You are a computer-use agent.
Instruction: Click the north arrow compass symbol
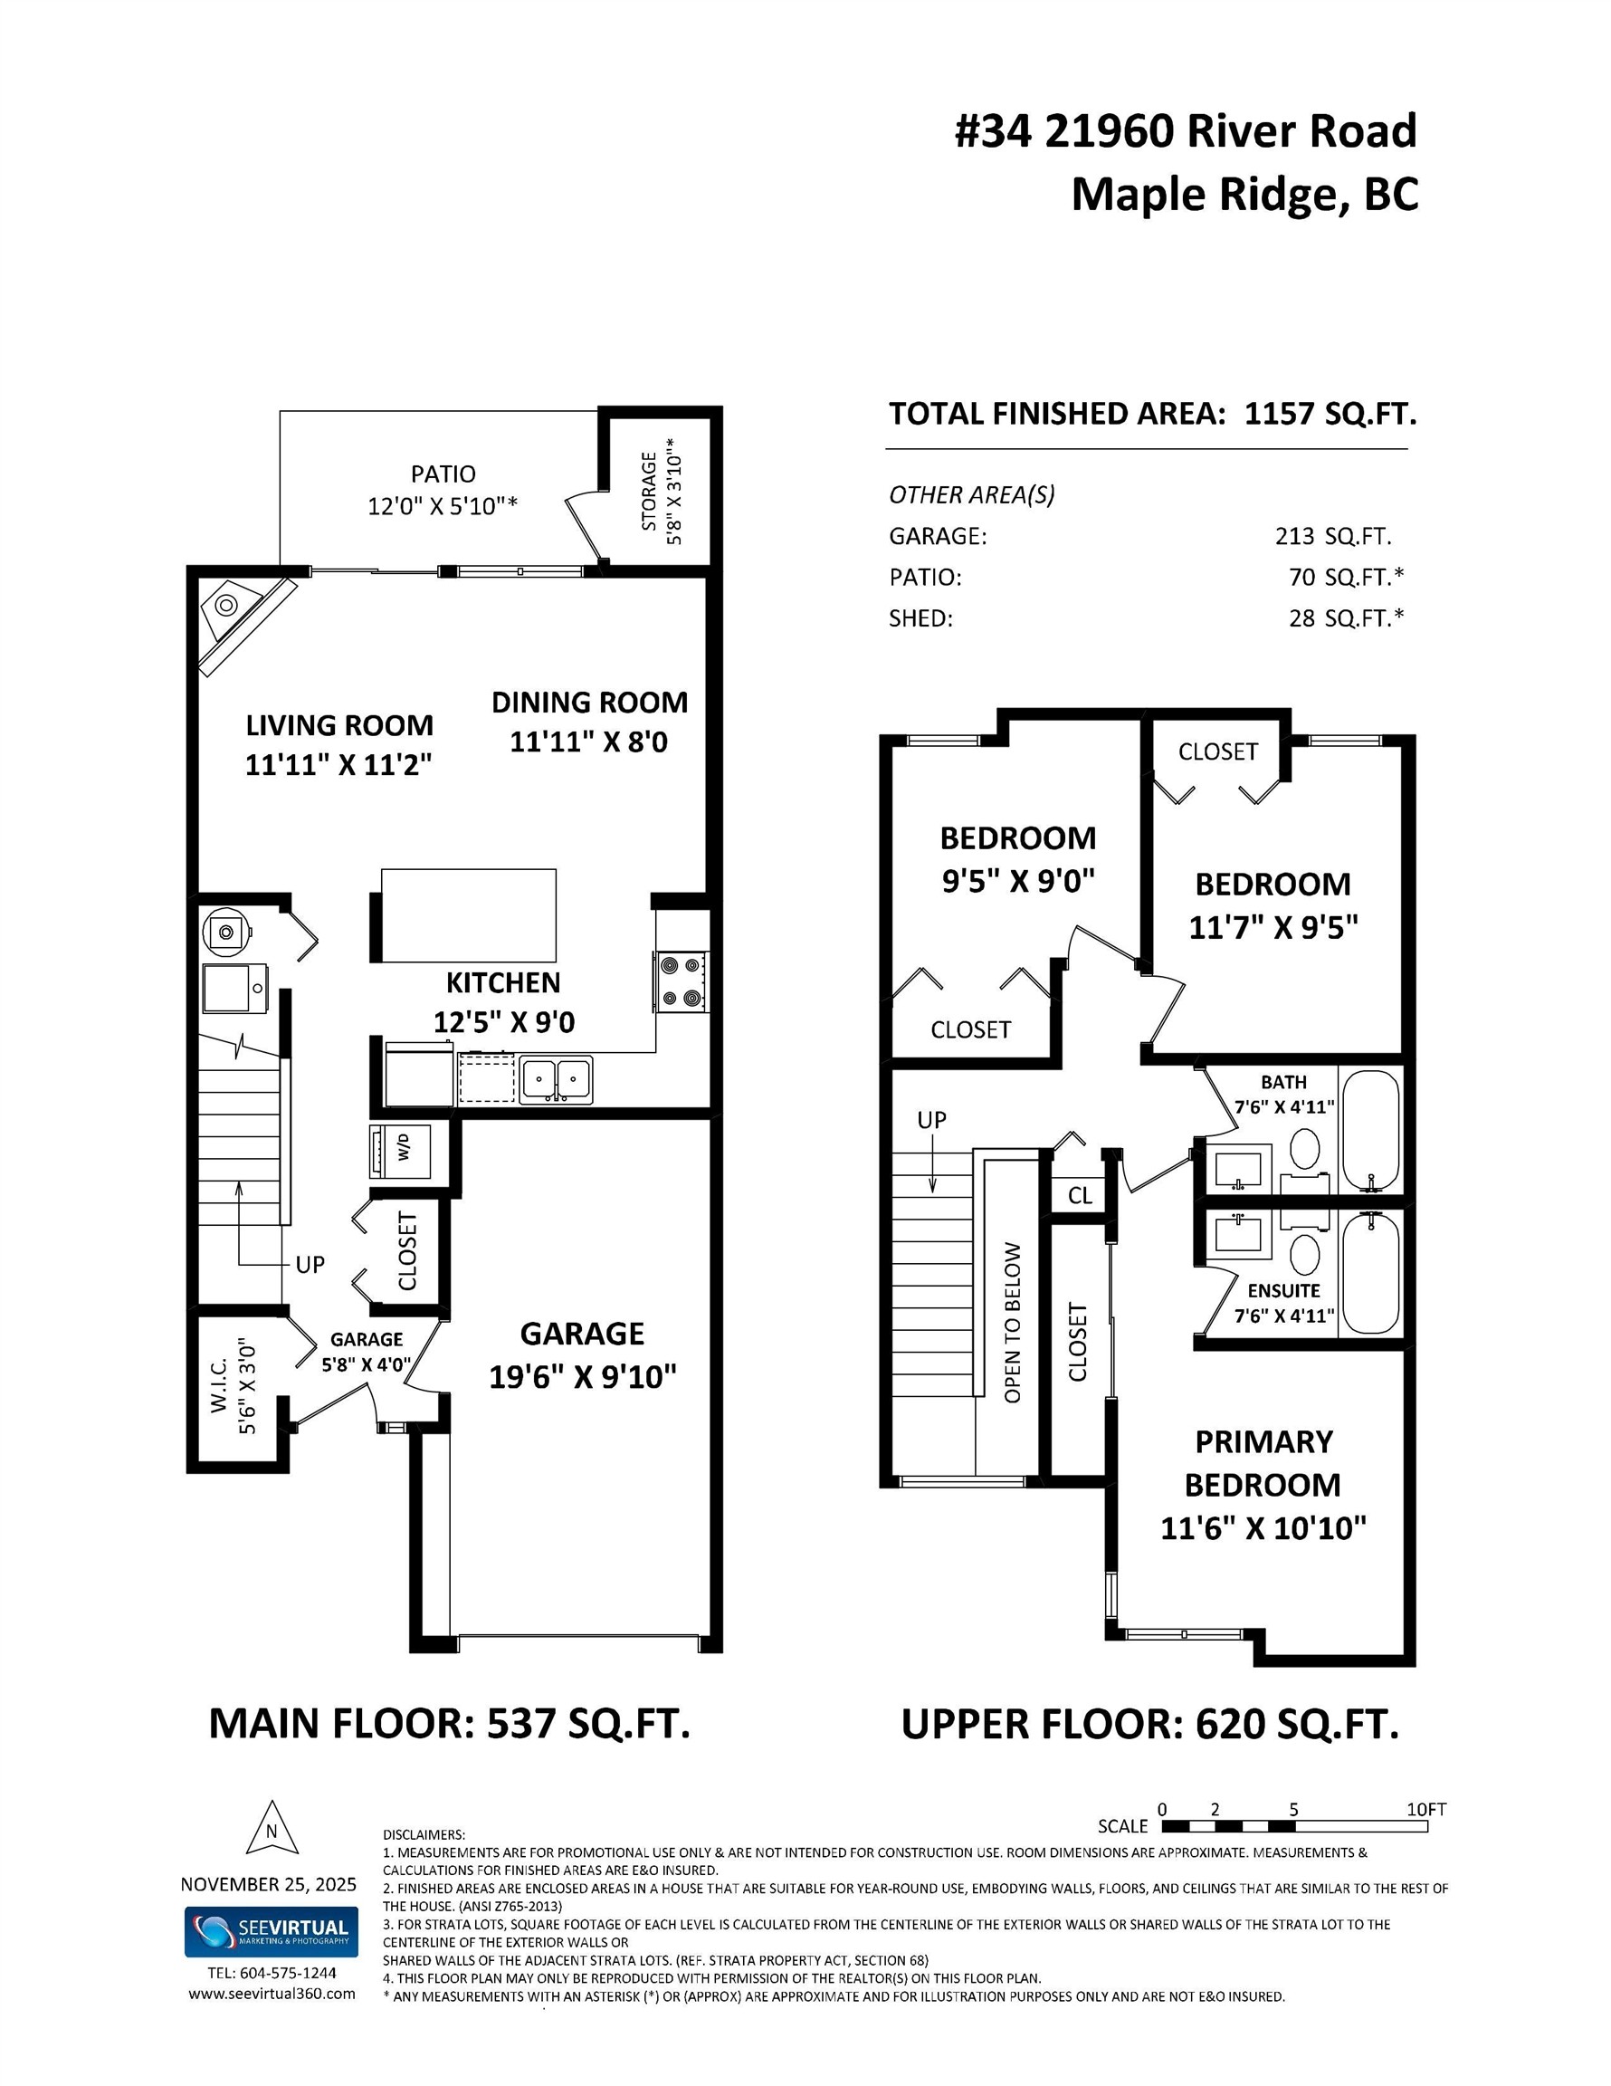coord(272,1830)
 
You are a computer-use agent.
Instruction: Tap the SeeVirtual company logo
coord(272,1931)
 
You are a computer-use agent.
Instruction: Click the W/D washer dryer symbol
coord(400,1151)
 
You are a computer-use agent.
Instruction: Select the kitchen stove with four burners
coord(681,981)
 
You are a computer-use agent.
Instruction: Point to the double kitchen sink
coord(555,1080)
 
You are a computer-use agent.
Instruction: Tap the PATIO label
coord(443,474)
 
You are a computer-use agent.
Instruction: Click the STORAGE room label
coord(649,491)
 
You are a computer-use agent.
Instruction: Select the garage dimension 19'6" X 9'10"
coord(583,1376)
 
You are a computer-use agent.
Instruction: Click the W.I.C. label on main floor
coord(220,1387)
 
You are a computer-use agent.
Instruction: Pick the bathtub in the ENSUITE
coord(1370,1273)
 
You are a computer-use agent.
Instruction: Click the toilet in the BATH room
coord(1304,1146)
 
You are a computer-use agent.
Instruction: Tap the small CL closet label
coord(1079,1196)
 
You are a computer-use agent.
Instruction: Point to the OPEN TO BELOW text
coord(1013,1322)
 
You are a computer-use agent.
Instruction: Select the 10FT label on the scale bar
coord(1425,1809)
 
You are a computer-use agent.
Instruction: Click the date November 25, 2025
coord(268,1883)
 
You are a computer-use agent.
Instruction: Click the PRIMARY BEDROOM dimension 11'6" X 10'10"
coord(1263,1527)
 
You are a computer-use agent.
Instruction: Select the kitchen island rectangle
coord(468,915)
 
